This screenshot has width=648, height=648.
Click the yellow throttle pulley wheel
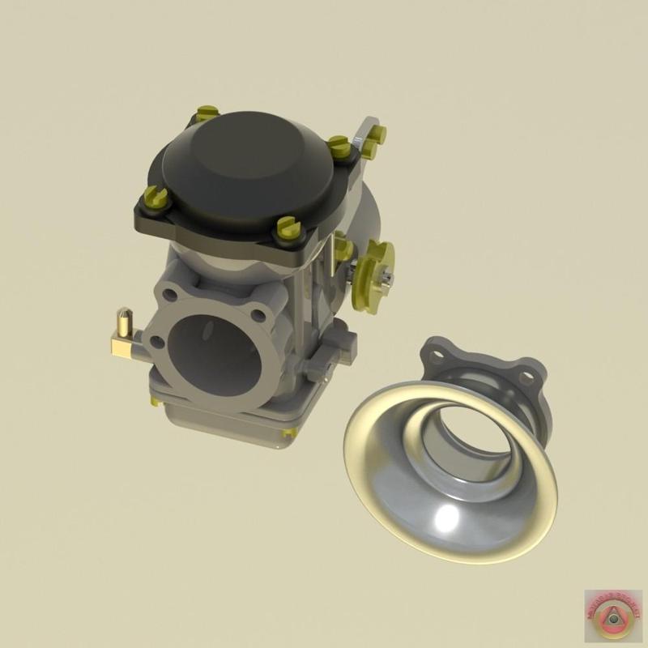[x=377, y=267]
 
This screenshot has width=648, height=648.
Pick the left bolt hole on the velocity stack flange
[x=438, y=355]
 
